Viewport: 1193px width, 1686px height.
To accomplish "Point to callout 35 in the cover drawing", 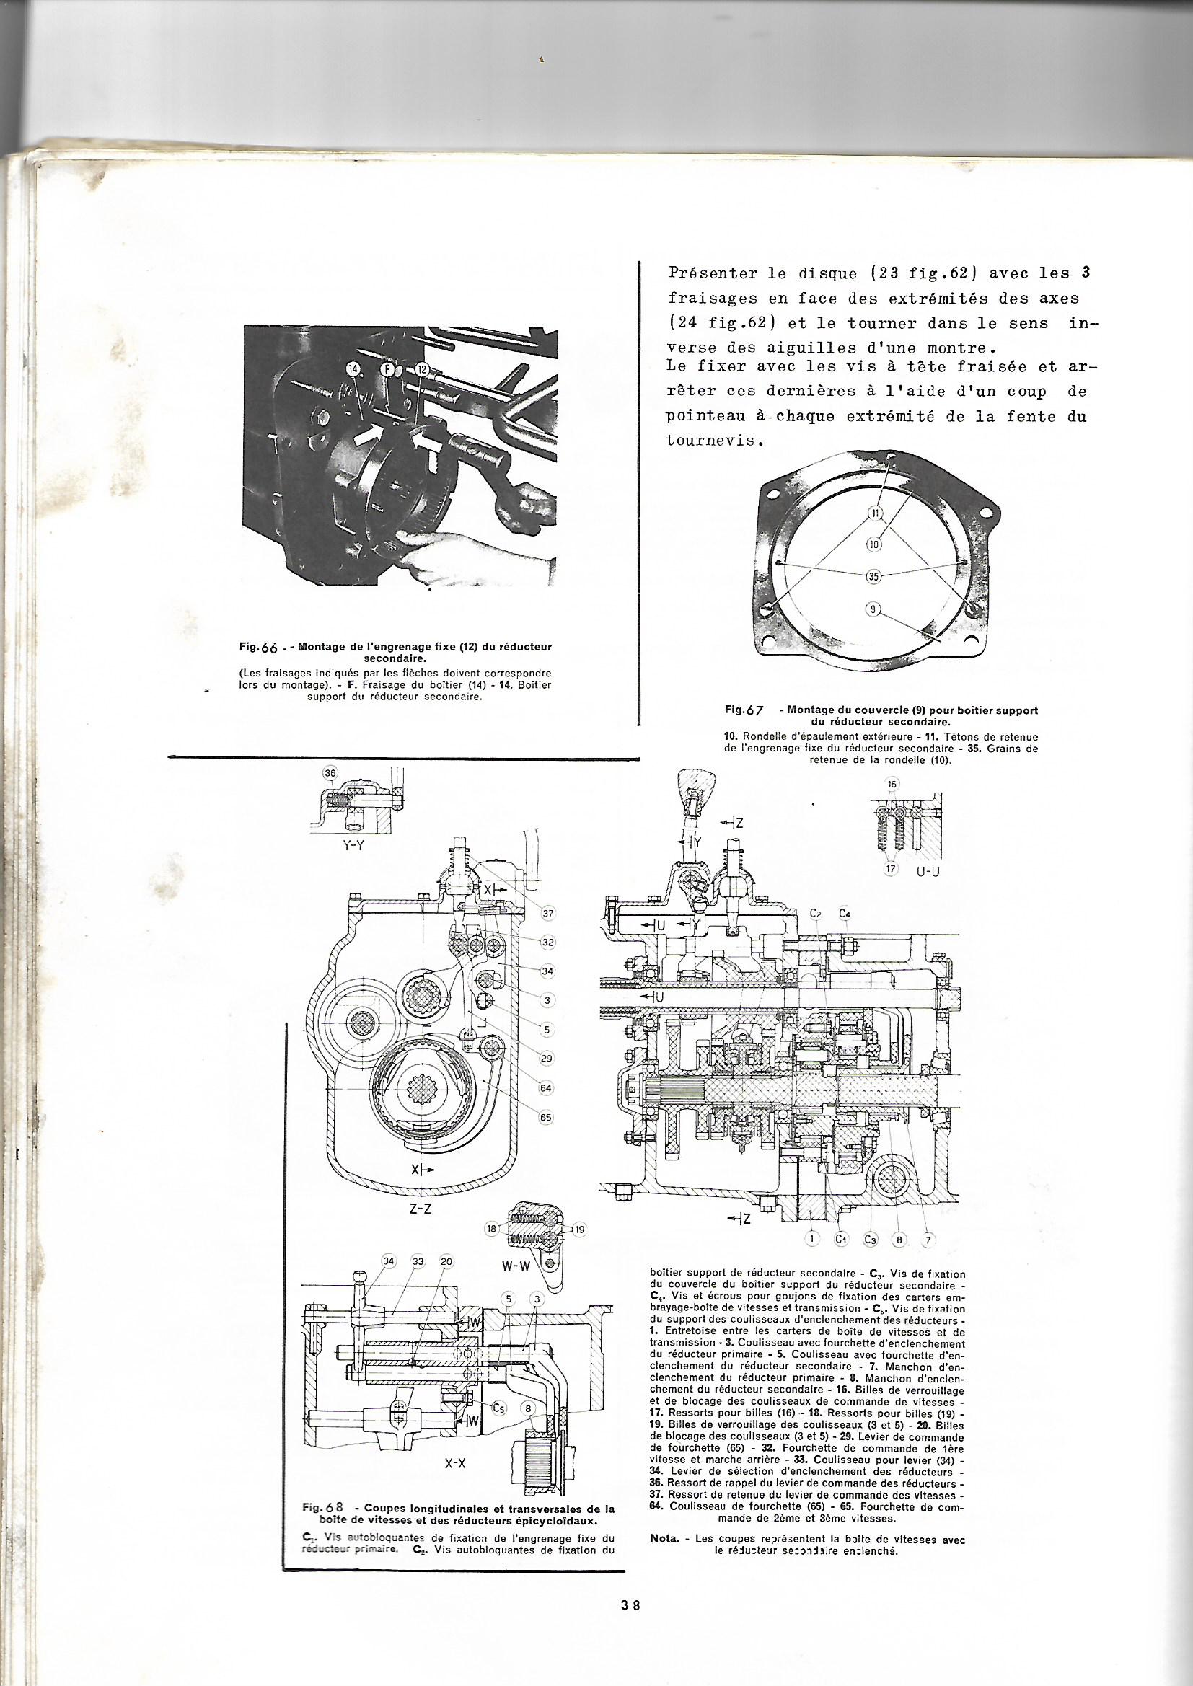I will [873, 576].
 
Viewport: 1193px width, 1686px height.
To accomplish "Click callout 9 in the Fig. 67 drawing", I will [872, 608].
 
